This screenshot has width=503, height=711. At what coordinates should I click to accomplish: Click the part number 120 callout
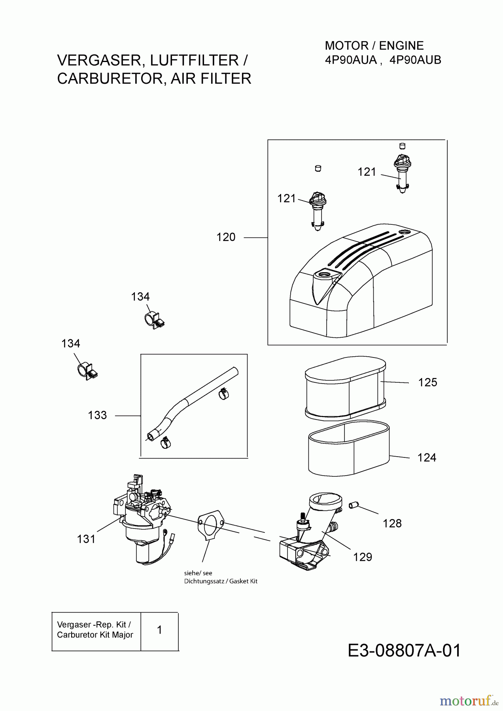click(226, 237)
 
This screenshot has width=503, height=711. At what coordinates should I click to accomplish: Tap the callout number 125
click(427, 382)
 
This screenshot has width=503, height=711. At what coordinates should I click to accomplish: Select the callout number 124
click(427, 457)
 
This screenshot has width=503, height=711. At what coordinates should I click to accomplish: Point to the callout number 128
click(392, 523)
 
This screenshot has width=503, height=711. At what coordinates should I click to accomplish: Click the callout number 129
click(363, 557)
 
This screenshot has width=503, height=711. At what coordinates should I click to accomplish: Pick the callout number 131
click(86, 539)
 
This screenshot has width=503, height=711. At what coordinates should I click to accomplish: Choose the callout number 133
click(97, 415)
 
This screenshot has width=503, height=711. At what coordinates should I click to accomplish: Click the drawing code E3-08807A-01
click(405, 651)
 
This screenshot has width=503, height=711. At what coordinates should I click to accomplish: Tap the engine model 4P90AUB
click(415, 60)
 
